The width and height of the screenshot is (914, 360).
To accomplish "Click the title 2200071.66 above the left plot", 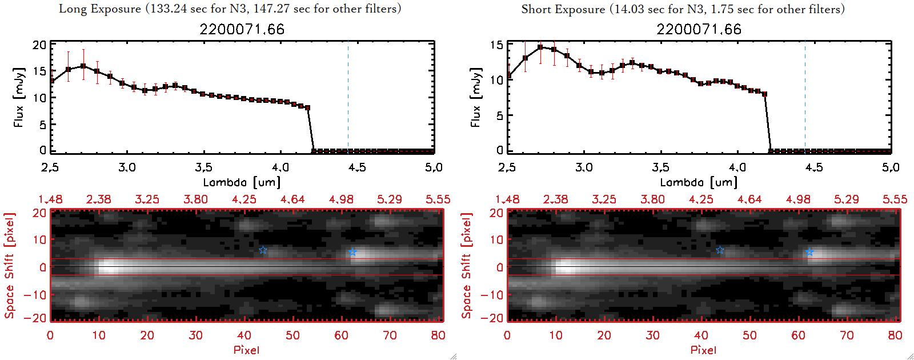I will click(x=242, y=29).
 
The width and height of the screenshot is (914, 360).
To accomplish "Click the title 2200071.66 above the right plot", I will click(x=699, y=29).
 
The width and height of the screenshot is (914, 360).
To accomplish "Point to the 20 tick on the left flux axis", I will click(x=39, y=45).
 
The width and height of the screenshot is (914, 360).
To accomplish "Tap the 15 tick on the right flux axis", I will click(x=496, y=45).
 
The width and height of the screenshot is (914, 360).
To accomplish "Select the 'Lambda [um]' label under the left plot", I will click(x=242, y=182).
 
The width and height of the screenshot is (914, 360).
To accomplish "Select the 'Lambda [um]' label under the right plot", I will click(x=699, y=182).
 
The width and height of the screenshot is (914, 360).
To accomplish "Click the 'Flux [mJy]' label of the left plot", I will click(x=19, y=97).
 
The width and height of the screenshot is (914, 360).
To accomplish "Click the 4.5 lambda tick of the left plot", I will click(x=357, y=167).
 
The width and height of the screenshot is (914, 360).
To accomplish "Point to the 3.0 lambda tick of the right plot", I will click(x=584, y=167).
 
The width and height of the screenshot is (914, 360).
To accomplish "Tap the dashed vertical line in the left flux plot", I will click(x=348, y=97).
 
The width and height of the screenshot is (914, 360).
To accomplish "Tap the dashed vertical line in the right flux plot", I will click(x=805, y=97).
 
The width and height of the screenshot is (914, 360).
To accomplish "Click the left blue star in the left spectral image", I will click(x=263, y=250).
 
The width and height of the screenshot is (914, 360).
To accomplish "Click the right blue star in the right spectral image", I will click(x=809, y=252).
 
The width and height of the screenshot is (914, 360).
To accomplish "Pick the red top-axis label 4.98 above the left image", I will click(x=341, y=199).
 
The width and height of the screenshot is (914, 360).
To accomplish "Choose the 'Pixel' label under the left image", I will click(x=246, y=350).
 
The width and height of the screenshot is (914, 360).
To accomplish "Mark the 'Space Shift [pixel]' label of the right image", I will click(x=467, y=266).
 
